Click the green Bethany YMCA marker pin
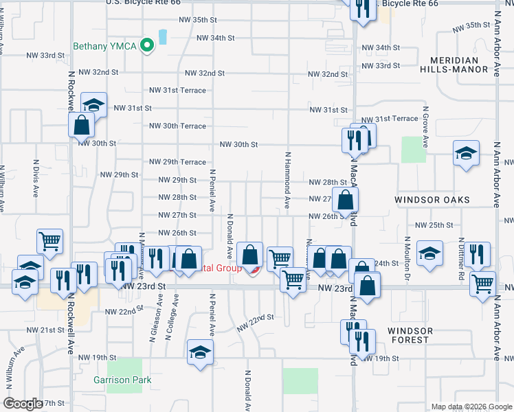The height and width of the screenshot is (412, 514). [146, 46]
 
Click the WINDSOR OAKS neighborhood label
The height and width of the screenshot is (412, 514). [432, 200]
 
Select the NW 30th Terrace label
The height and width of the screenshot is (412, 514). [177, 126]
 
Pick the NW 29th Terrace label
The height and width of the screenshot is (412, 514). [177, 162]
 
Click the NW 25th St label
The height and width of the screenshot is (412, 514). [434, 225]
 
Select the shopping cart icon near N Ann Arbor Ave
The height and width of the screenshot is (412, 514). [483, 282]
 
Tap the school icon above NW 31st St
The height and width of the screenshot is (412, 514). [93, 104]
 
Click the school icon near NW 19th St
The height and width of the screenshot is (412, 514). [200, 352]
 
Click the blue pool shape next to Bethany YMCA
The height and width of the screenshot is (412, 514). [163, 36]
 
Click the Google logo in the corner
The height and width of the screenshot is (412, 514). [23, 404]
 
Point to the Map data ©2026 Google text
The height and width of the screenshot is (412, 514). [471, 407]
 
